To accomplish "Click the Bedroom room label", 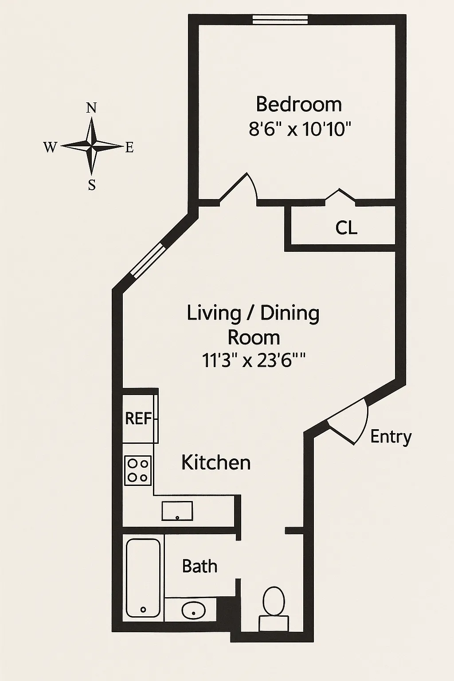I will [x=299, y=105].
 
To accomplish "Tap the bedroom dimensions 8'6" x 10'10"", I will [x=300, y=129].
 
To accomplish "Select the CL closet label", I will [x=346, y=228].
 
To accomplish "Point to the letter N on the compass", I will [x=91, y=108].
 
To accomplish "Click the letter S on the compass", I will [x=92, y=185].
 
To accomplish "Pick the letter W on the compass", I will [x=50, y=147].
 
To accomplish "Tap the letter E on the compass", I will [x=129, y=148].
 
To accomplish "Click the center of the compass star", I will [x=92, y=146].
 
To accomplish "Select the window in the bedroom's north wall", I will [x=280, y=20].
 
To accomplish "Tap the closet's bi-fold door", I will [x=340, y=196].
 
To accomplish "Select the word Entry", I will [x=391, y=437].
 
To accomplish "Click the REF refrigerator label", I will [x=138, y=418].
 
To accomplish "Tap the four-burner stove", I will [x=137, y=470].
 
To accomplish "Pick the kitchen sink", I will [x=177, y=511].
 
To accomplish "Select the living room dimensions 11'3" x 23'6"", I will [x=254, y=360].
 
